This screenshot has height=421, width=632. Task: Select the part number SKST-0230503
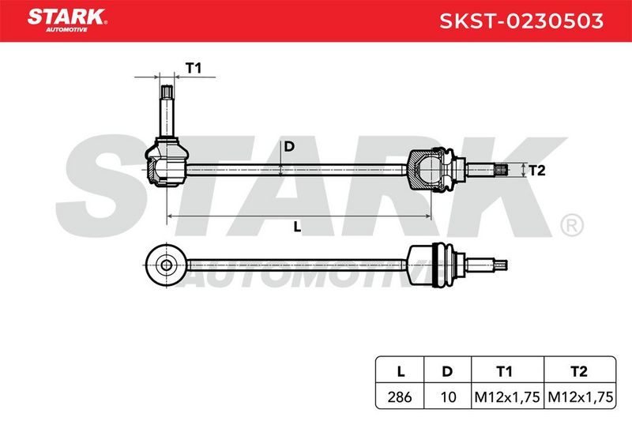[x=521, y=21]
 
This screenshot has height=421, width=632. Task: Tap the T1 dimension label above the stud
[x=193, y=68]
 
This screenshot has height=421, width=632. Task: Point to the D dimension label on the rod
[x=289, y=147]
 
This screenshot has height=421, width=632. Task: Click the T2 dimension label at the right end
[x=536, y=171]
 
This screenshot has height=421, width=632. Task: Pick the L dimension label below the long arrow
[x=298, y=227]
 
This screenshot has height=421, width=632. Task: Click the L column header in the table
[x=401, y=371]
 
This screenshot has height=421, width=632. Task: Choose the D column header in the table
[x=447, y=371]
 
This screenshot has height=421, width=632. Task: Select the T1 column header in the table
[x=504, y=371]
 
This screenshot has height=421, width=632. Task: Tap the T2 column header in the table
[x=579, y=371]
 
